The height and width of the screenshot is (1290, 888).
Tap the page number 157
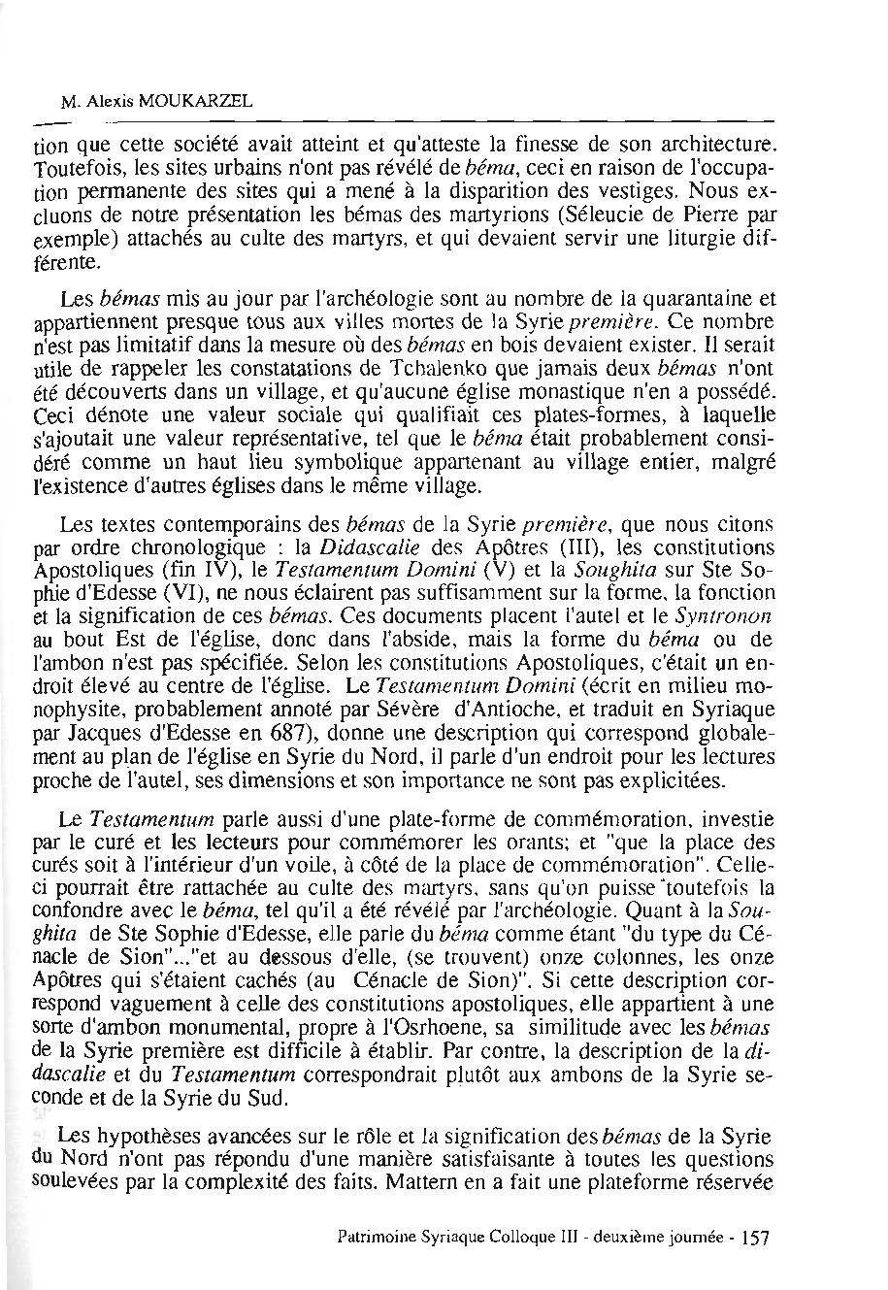[754, 1238]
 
